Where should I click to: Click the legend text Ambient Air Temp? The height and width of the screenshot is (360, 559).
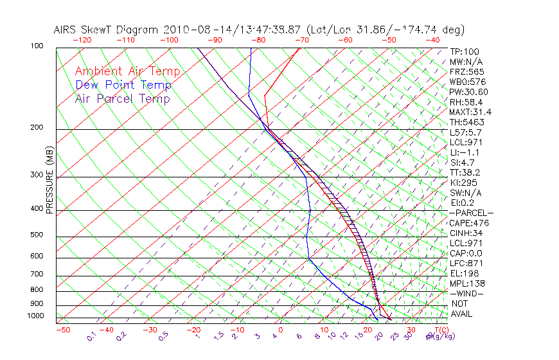[127, 71]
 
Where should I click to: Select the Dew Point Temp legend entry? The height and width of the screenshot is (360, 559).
[123, 85]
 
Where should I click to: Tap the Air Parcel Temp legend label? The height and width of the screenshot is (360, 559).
[122, 98]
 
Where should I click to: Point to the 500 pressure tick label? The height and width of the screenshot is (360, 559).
[37, 235]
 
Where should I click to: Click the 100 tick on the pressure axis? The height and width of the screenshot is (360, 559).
[37, 46]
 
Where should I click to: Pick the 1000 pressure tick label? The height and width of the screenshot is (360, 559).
[36, 316]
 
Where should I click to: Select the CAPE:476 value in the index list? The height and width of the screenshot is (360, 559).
[469, 223]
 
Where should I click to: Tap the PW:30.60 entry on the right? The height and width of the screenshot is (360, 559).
[468, 92]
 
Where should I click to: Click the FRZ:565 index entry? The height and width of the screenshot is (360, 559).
[467, 71]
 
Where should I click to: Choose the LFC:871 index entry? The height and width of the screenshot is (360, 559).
[466, 264]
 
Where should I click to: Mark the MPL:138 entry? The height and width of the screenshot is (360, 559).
[467, 283]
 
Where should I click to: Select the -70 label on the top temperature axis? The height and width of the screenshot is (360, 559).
[301, 40]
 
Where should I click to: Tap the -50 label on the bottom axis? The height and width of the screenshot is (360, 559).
[63, 330]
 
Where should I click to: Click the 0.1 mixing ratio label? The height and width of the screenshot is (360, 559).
[91, 336]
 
